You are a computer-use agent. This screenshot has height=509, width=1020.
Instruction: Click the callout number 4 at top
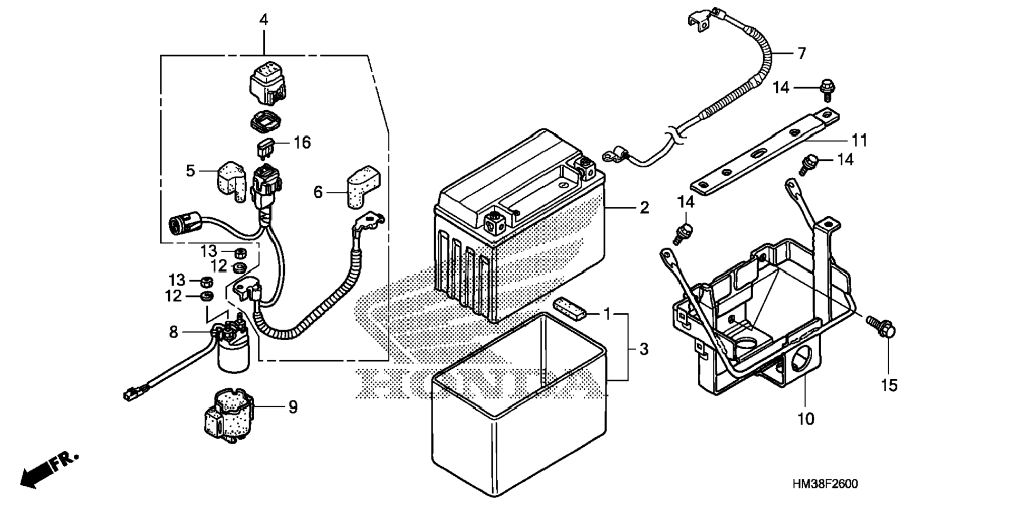[264, 20]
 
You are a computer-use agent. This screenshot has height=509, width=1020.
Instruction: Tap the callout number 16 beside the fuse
[302, 142]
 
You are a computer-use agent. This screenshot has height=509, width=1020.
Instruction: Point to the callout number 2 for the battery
[644, 208]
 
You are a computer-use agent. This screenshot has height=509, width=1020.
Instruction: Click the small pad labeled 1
[569, 310]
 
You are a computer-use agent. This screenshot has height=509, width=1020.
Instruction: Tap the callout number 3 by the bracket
[643, 349]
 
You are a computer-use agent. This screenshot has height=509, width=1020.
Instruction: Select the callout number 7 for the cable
[801, 53]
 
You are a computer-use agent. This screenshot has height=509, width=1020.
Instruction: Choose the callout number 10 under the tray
[806, 419]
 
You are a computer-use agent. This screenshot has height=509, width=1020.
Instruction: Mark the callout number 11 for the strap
[860, 140]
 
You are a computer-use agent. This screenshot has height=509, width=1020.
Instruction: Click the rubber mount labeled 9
[228, 415]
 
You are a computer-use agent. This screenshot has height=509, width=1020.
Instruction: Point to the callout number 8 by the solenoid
[174, 332]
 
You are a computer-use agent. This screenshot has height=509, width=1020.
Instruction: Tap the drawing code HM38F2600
[824, 484]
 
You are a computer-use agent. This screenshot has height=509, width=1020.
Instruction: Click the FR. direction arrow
[47, 469]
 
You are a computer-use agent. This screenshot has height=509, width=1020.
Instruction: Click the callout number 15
[889, 386]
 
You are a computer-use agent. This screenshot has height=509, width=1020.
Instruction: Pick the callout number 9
[293, 407]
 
